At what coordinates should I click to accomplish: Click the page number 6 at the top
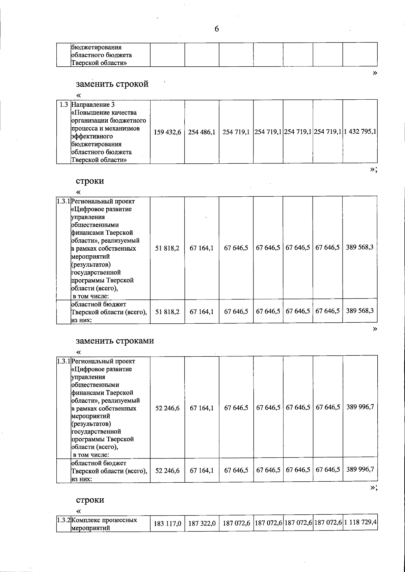pos(217,29)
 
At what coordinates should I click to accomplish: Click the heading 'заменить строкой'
pos(112,84)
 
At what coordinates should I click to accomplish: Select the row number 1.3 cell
pos(63,104)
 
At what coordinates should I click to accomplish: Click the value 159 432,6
pos(167,132)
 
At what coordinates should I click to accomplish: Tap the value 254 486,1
pos(202,132)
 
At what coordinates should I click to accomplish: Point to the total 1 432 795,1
pos(360,132)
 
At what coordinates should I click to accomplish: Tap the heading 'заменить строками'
pos(115,341)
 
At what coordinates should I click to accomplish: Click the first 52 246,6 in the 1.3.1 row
pos(167,408)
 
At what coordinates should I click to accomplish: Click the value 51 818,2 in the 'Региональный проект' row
pos(167,248)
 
